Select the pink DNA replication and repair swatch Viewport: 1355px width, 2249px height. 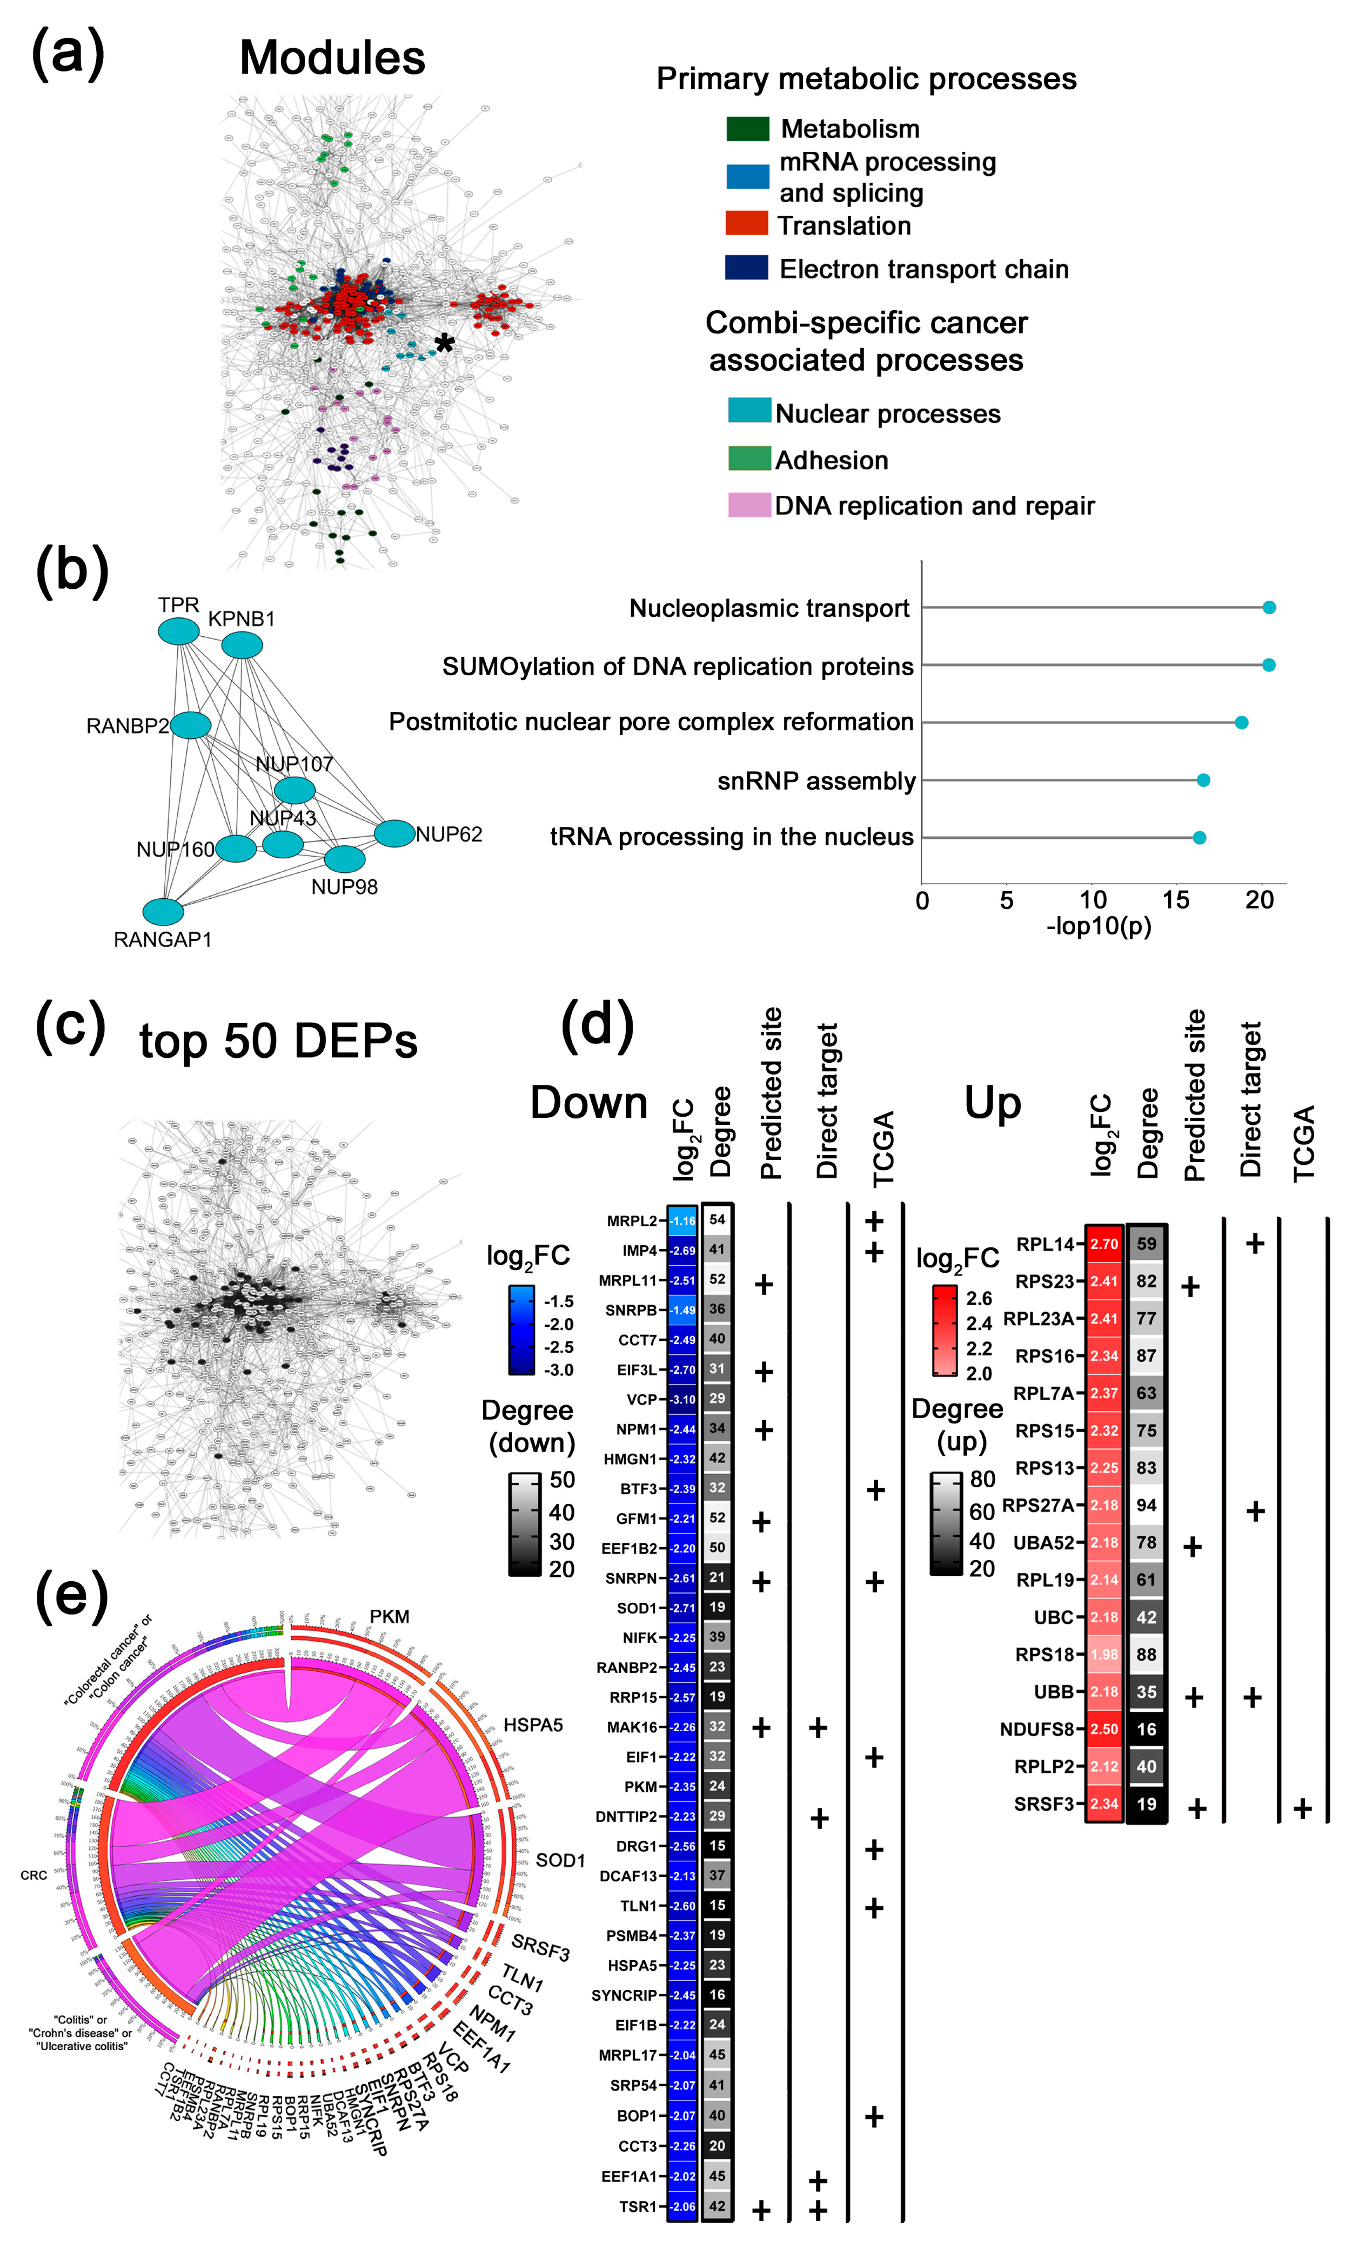coord(748,505)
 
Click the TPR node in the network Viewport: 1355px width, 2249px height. coord(179,631)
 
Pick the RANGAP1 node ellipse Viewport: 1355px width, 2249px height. coord(163,911)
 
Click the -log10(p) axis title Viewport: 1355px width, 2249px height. coord(1098,926)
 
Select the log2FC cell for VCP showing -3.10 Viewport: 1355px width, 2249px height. coord(682,1399)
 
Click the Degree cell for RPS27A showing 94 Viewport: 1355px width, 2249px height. coord(1146,1505)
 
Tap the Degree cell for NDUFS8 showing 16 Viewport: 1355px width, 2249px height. coord(1146,1729)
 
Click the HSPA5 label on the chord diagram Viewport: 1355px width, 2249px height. coord(533,1725)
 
